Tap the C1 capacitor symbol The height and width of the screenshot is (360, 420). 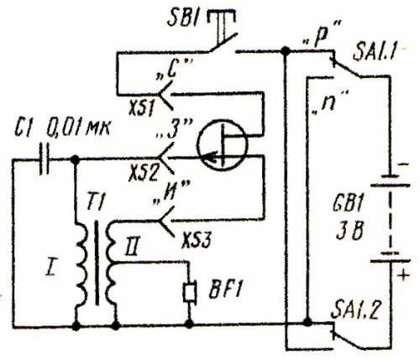click(x=44, y=159)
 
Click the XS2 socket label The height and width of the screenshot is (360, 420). click(x=143, y=172)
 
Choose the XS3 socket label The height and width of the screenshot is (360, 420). click(x=196, y=240)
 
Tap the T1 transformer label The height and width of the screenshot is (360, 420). click(x=94, y=202)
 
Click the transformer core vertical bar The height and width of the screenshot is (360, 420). click(x=97, y=263)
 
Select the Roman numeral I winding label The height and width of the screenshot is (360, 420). click(x=50, y=266)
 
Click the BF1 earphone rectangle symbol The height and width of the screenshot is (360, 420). click(x=190, y=293)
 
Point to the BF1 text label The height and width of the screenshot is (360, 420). click(x=225, y=291)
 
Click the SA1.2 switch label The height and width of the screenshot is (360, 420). click(x=354, y=310)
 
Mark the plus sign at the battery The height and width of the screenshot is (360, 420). click(x=403, y=275)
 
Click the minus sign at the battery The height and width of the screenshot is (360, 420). click(x=403, y=164)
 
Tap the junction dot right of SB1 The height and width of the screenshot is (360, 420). click(x=286, y=51)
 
